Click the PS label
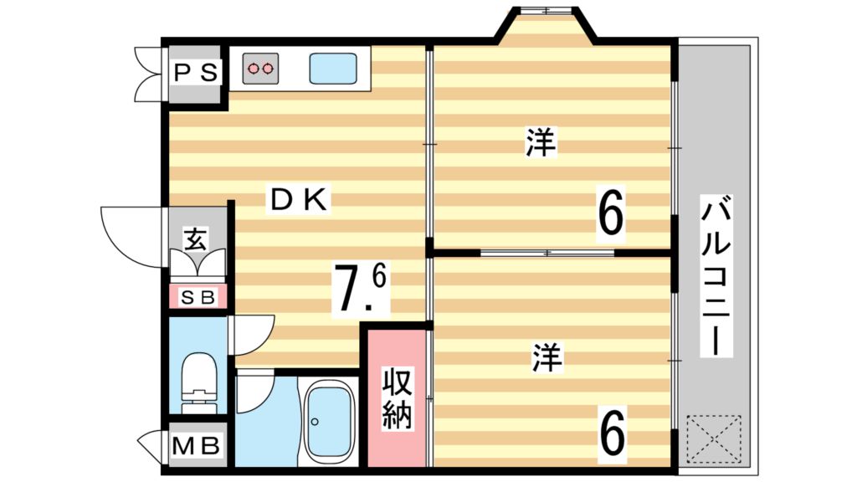(196, 73)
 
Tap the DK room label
(298, 199)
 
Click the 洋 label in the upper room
(541, 142)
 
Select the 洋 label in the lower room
(547, 358)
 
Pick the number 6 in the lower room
(613, 433)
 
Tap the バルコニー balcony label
(717, 276)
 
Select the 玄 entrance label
(195, 240)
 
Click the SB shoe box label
(198, 296)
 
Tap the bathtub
(327, 423)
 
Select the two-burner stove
(261, 68)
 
